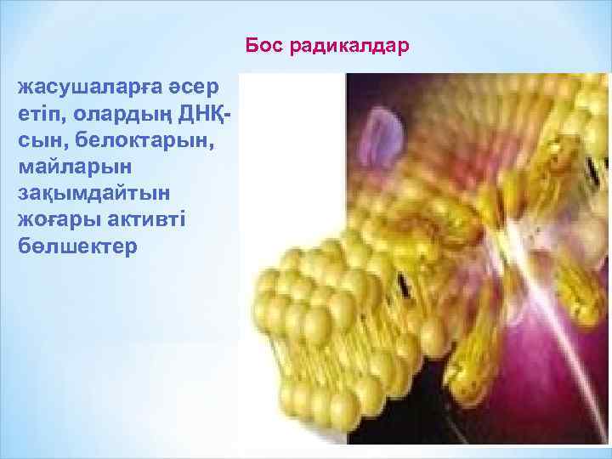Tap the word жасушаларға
tap(88, 88)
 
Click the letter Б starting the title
tap(250, 44)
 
